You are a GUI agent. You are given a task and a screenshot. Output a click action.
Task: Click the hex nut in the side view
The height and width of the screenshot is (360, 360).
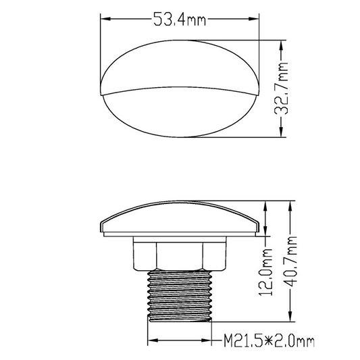tap(181, 254)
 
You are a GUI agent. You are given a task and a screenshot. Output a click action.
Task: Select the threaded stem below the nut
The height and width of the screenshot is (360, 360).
tap(181, 290)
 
